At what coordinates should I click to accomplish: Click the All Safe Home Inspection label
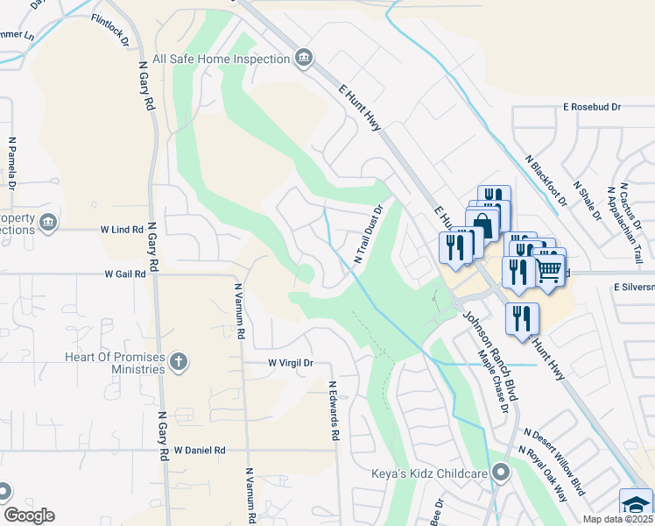221,59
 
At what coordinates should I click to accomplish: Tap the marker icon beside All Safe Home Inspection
303,59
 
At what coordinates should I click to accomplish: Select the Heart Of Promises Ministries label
115,363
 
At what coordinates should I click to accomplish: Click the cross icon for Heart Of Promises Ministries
179,362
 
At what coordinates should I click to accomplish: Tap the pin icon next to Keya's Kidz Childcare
501,473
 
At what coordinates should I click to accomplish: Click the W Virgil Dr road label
290,362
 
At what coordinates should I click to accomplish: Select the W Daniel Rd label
200,450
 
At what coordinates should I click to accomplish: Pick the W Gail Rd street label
124,274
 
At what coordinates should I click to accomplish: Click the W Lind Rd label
121,230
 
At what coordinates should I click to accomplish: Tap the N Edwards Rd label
334,409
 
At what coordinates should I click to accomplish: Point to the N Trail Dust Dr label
370,235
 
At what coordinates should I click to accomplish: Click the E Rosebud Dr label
592,106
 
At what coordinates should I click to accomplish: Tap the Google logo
29,515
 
